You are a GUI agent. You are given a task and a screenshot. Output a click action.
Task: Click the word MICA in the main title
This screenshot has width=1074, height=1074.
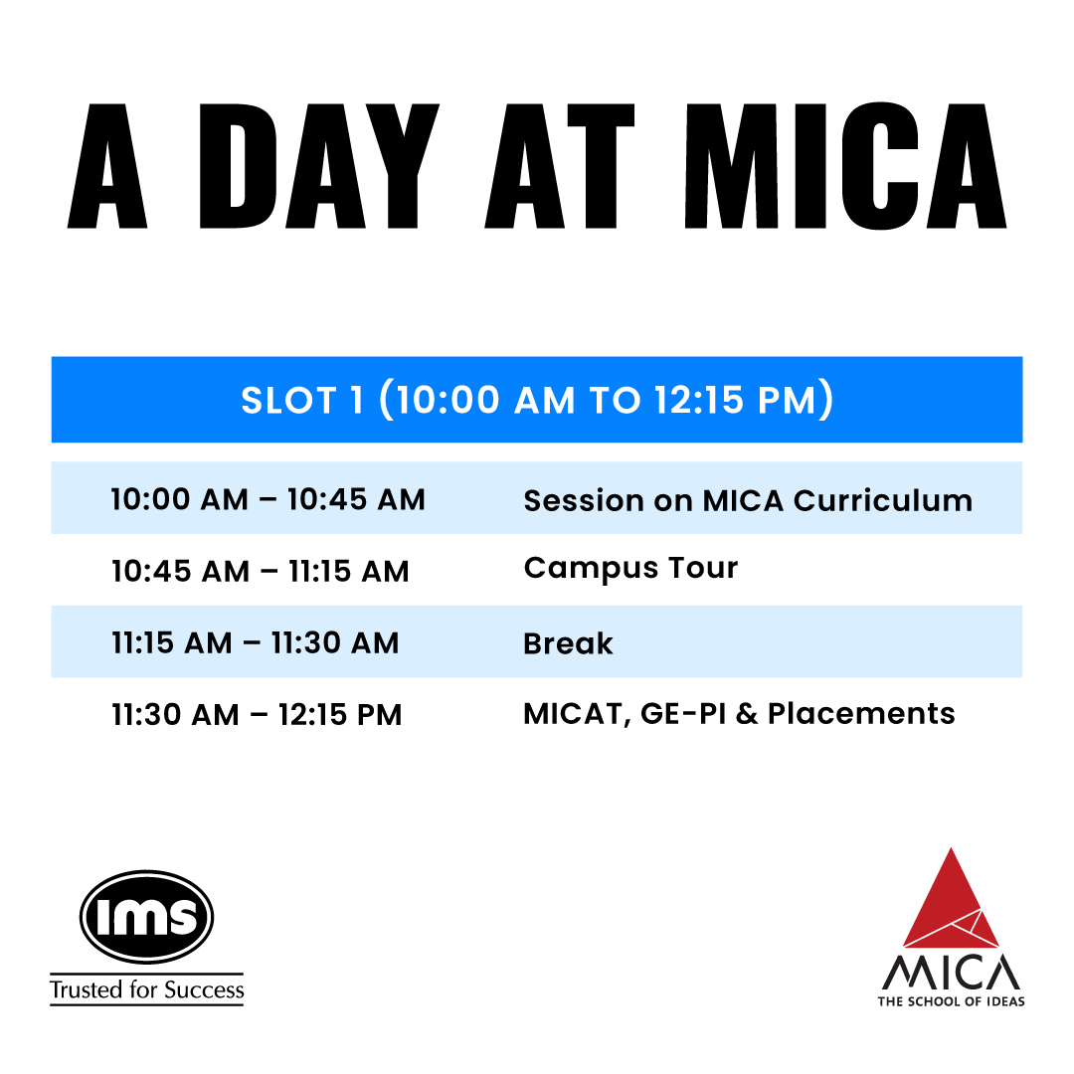pyautogui.click(x=845, y=166)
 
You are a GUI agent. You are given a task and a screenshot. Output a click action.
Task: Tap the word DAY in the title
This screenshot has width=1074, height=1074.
pyautogui.click(x=319, y=166)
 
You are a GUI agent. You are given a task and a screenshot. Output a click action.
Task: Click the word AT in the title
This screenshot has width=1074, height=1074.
pyautogui.click(x=560, y=166)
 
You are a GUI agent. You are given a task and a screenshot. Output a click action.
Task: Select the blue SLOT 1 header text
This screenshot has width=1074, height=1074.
pyautogui.click(x=537, y=400)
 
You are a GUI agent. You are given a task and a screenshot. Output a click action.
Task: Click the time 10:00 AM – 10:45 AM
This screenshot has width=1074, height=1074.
pyautogui.click(x=268, y=499)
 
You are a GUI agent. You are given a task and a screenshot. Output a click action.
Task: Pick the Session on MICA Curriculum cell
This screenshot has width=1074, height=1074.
pyautogui.click(x=748, y=500)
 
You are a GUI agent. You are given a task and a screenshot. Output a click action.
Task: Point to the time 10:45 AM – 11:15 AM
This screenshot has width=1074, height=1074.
pyautogui.click(x=261, y=571)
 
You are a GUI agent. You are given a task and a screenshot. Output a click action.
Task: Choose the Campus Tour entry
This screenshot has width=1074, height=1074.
pyautogui.click(x=630, y=569)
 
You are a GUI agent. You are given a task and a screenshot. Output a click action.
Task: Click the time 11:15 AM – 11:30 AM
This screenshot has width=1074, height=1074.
pyautogui.click(x=255, y=643)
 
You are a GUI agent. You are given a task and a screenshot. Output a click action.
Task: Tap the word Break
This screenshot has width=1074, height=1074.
pyautogui.click(x=568, y=643)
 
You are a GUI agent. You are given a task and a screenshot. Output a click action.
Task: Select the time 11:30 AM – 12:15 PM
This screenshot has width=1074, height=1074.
pyautogui.click(x=257, y=715)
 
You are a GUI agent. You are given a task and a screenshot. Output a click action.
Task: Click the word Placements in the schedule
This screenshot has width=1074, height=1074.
pyautogui.click(x=861, y=714)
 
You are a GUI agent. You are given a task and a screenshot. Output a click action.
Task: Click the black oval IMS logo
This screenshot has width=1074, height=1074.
pyautogui.click(x=146, y=917)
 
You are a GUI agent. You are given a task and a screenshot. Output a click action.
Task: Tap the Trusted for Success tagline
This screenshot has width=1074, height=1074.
pyautogui.click(x=146, y=989)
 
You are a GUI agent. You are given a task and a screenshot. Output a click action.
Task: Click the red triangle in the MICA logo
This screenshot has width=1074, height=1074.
pyautogui.click(x=951, y=898)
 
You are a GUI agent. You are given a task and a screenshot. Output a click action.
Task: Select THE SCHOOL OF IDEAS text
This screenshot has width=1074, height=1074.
pyautogui.click(x=952, y=1001)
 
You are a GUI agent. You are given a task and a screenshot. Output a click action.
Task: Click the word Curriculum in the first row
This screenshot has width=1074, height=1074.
pyautogui.click(x=883, y=500)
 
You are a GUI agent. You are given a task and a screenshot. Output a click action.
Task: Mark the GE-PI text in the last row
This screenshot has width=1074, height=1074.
pyautogui.click(x=683, y=714)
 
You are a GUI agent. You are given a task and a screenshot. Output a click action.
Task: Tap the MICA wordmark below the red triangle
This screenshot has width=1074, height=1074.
pyautogui.click(x=951, y=972)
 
